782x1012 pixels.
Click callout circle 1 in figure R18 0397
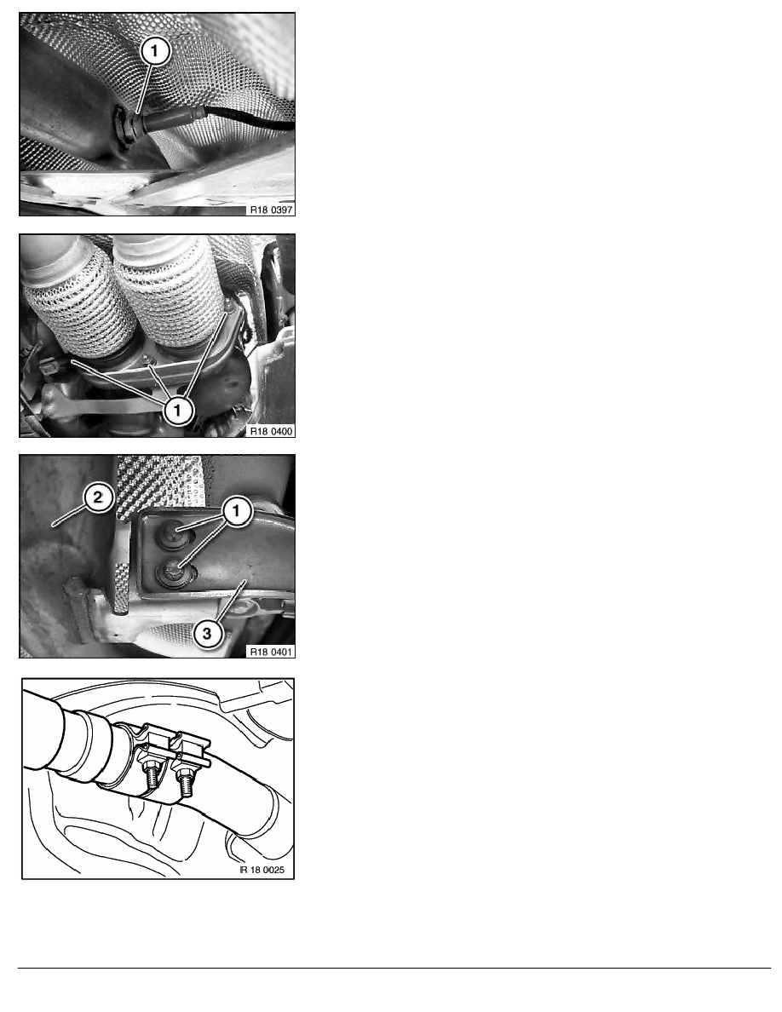154,51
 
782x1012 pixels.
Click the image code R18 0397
271,210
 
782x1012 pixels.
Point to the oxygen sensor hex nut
123,126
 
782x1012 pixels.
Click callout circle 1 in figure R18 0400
177,409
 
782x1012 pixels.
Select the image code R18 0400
271,431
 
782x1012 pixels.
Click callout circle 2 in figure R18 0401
98,497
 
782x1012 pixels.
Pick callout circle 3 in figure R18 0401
206,633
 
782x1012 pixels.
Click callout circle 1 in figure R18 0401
236,511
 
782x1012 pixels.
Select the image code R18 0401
271,652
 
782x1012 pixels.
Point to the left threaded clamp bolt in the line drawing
152,774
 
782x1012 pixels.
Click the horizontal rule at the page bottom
394,968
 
